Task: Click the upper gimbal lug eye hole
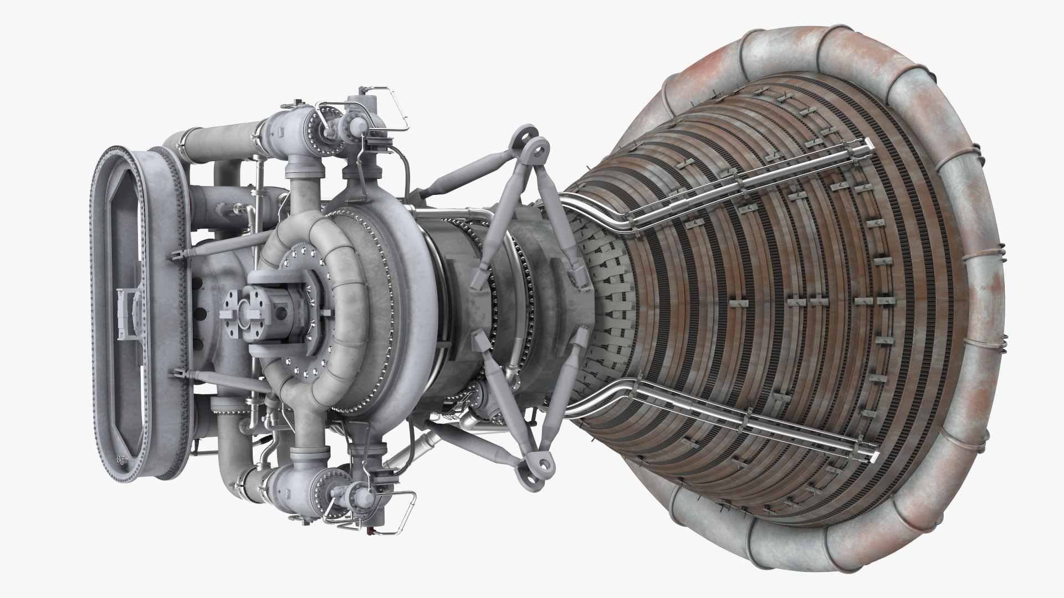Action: pyautogui.click(x=536, y=148)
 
